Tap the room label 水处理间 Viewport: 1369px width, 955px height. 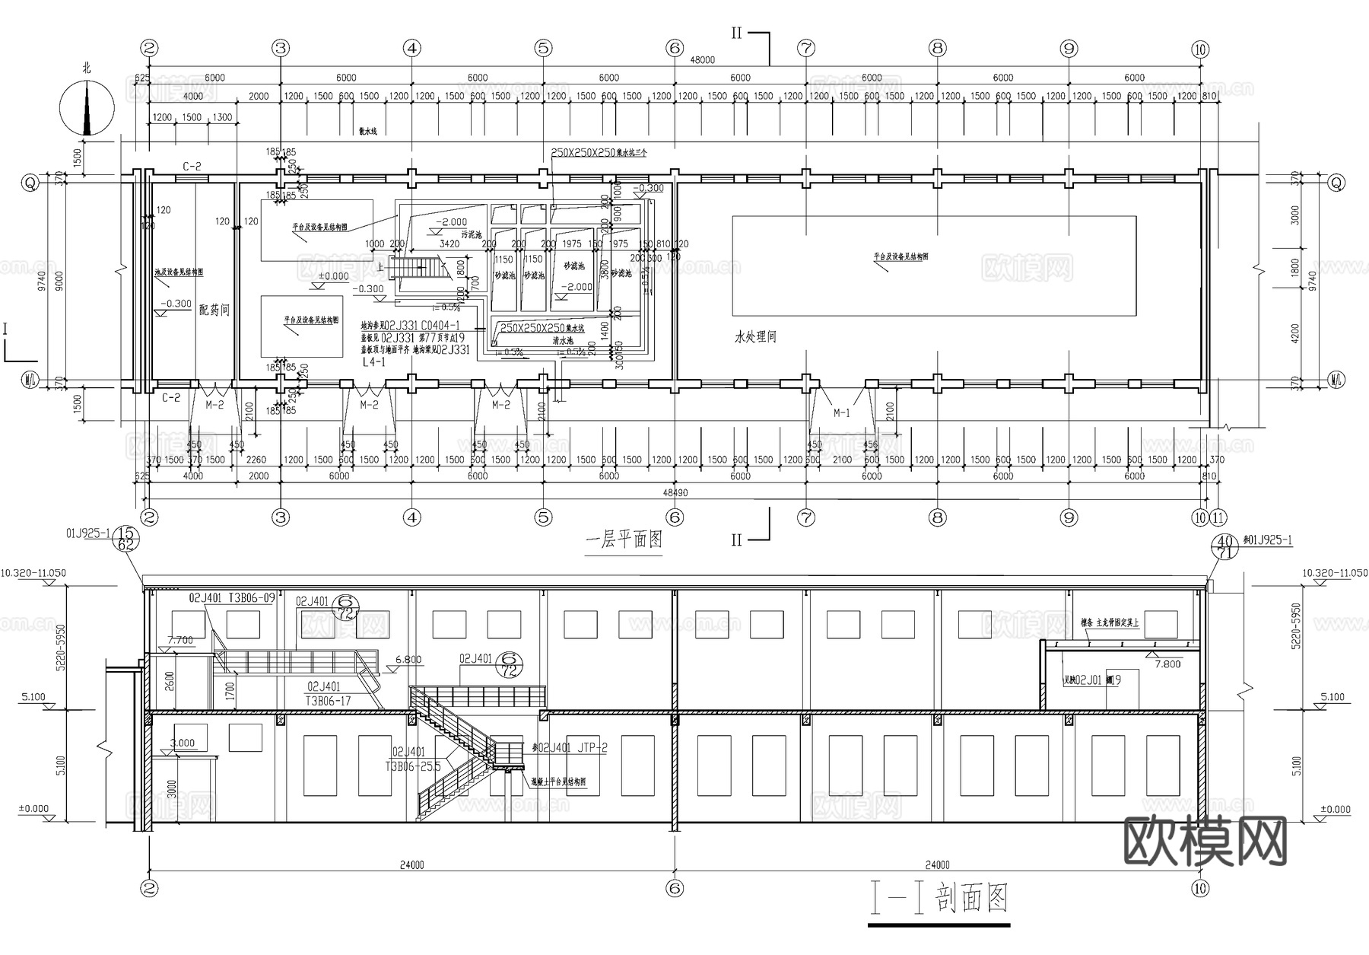(755, 336)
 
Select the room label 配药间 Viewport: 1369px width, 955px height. (214, 310)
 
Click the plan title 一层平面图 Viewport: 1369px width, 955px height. (624, 540)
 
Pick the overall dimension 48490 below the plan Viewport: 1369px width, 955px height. (675, 492)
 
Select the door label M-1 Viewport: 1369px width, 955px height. (841, 413)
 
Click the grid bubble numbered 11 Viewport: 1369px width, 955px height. (1218, 517)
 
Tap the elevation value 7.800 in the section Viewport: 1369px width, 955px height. (1167, 664)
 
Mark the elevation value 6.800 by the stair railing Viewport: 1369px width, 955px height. (408, 660)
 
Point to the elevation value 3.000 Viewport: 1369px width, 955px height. (183, 743)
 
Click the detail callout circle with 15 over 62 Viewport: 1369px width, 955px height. (126, 539)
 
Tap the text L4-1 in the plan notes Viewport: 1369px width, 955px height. (373, 363)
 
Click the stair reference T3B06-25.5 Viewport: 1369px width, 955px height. (413, 766)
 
